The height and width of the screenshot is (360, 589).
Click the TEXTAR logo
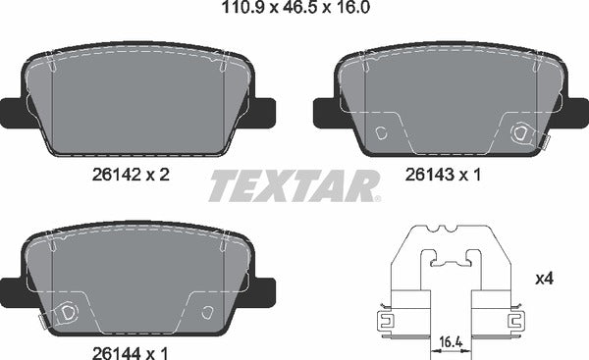[x=294, y=184]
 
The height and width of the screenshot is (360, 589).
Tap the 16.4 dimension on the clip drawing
[x=452, y=342]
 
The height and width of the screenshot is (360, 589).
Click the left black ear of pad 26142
[x=12, y=112]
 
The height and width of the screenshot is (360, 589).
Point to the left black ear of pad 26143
[x=325, y=112]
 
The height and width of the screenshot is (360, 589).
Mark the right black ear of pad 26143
[x=578, y=112]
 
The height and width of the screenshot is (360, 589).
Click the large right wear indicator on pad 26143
[x=522, y=134]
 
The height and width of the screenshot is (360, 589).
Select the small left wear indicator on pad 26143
[x=384, y=133]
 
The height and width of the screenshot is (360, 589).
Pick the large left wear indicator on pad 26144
[x=68, y=313]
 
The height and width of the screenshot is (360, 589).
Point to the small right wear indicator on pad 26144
[x=207, y=313]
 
